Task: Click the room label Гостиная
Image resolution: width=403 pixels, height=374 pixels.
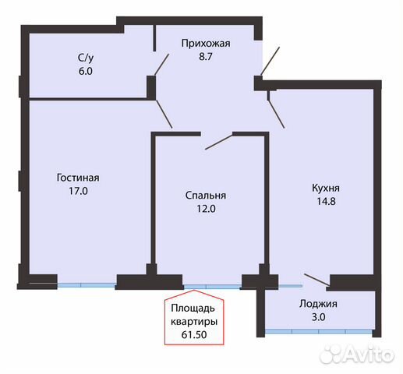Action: coord(77,177)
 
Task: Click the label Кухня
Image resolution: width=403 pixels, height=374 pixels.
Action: coord(325,188)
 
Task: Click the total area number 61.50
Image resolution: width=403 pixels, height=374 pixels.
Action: coord(194,334)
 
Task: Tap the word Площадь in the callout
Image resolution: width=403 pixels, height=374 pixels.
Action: coord(194,308)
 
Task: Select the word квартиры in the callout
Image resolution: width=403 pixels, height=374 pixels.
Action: coord(194,321)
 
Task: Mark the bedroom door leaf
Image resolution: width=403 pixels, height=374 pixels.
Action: coord(218,141)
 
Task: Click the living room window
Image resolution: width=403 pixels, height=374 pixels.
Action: coord(87,284)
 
